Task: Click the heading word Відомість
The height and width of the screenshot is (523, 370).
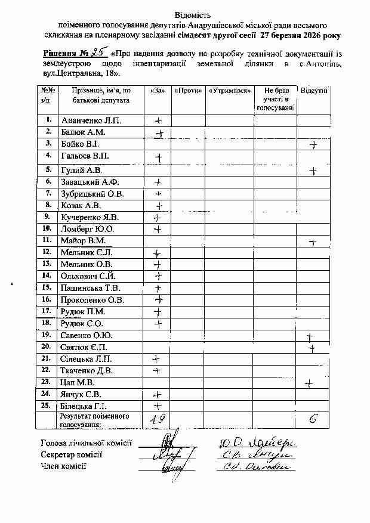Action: [x=193, y=14]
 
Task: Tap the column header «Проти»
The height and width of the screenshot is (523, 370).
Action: [x=187, y=91]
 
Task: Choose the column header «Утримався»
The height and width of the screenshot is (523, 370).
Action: [x=229, y=91]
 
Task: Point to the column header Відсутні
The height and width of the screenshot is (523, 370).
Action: [x=314, y=91]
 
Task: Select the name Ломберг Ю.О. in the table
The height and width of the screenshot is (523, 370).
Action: [x=87, y=228]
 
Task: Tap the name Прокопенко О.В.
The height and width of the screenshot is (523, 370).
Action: [x=92, y=299]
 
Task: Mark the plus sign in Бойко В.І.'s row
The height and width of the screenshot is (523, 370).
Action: [x=313, y=145]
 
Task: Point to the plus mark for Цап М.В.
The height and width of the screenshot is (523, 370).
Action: [x=309, y=383]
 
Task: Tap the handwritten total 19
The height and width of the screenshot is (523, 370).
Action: [x=157, y=419]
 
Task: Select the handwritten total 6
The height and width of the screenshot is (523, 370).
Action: [x=313, y=419]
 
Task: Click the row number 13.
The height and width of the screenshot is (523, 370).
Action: [x=47, y=264]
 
